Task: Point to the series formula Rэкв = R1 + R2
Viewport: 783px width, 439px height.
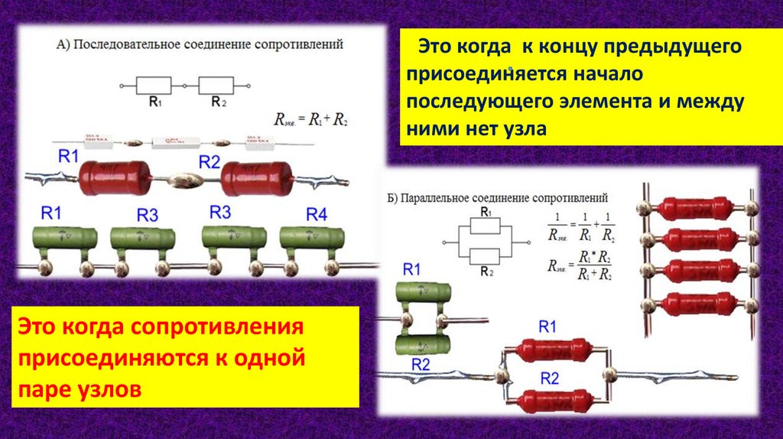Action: (x=310, y=119)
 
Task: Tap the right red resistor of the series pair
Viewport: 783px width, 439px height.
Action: (x=258, y=180)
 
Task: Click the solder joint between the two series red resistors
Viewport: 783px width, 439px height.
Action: (x=184, y=181)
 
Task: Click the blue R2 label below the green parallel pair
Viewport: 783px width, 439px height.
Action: (x=421, y=363)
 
